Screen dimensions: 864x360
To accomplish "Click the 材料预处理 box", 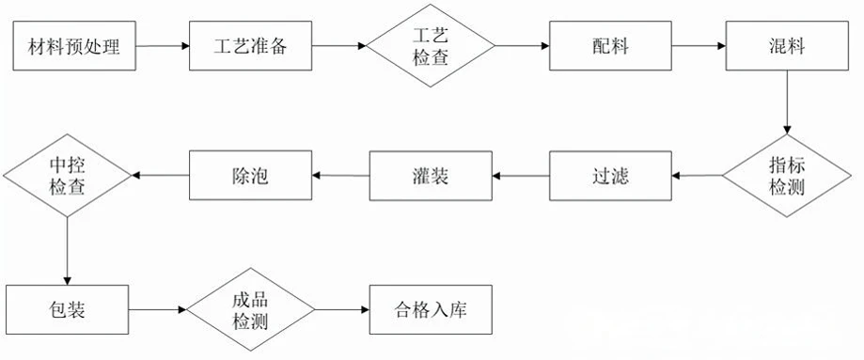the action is coord(74,46).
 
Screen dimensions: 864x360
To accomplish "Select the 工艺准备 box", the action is coord(251,46).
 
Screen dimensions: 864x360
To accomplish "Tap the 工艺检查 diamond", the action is coord(431,46).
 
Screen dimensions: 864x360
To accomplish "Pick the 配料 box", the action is coord(610,46).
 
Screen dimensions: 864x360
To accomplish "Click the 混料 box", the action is coord(787,46).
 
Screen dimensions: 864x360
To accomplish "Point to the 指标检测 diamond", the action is coord(787,176).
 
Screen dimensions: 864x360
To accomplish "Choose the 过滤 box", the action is coord(610,176).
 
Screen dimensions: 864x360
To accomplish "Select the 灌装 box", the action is coord(431,176).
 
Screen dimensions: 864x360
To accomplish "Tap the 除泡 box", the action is coord(251,176).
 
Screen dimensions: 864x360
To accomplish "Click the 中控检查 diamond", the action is coord(68,176).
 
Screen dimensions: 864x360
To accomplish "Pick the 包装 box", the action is coord(68,310).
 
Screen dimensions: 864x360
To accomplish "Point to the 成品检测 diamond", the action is coord(251,310).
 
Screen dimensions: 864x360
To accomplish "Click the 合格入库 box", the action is coord(431,310).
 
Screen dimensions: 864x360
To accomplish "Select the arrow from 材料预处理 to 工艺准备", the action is coord(163,46).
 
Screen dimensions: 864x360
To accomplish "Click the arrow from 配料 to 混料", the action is coord(699,46).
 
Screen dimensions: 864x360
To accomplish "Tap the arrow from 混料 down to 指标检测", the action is coord(787,102).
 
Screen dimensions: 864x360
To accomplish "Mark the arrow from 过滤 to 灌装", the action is coord(521,176).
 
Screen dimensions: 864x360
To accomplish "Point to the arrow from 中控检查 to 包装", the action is coord(68,251).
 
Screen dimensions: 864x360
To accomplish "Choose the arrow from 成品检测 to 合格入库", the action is coord(342,310).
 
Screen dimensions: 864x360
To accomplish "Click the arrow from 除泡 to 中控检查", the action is coord(161,176).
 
